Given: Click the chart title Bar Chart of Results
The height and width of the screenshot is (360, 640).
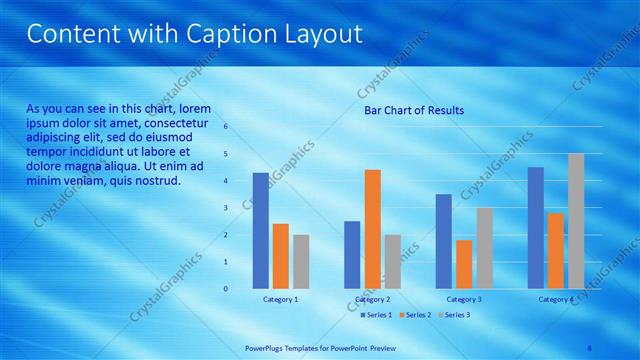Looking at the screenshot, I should (x=414, y=110).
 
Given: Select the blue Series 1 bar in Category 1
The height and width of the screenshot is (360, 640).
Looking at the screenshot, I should (x=261, y=230).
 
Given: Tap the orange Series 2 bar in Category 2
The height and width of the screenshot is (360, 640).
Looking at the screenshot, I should (x=372, y=228).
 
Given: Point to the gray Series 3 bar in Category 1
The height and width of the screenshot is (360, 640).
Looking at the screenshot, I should (x=301, y=261).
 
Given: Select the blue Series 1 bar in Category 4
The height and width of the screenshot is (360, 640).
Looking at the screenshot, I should (x=536, y=227).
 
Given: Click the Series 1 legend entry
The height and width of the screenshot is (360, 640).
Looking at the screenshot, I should (x=376, y=315).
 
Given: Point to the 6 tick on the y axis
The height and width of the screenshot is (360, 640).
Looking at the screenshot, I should (x=226, y=127).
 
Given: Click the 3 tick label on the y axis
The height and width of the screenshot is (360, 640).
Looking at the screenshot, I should (x=226, y=208).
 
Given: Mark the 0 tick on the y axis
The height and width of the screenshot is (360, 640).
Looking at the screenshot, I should (x=226, y=289).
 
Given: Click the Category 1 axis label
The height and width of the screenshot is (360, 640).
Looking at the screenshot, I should (x=281, y=299).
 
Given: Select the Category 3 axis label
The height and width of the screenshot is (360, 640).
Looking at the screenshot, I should (x=464, y=299).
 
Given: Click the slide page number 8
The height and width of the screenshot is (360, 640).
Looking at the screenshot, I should (x=590, y=348).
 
